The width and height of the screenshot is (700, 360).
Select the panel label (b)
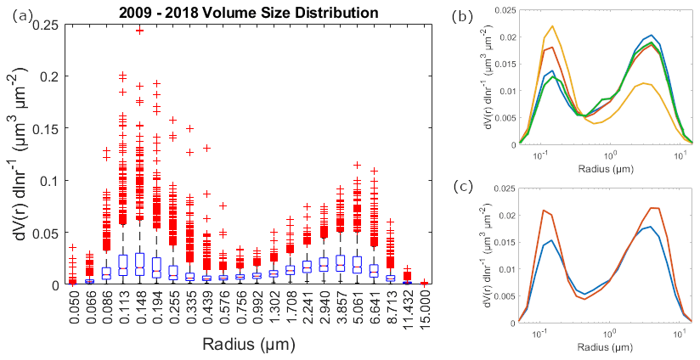(462, 17)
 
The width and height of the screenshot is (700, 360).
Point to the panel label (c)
(463, 185)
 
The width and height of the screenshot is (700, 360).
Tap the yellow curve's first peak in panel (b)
(552, 26)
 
